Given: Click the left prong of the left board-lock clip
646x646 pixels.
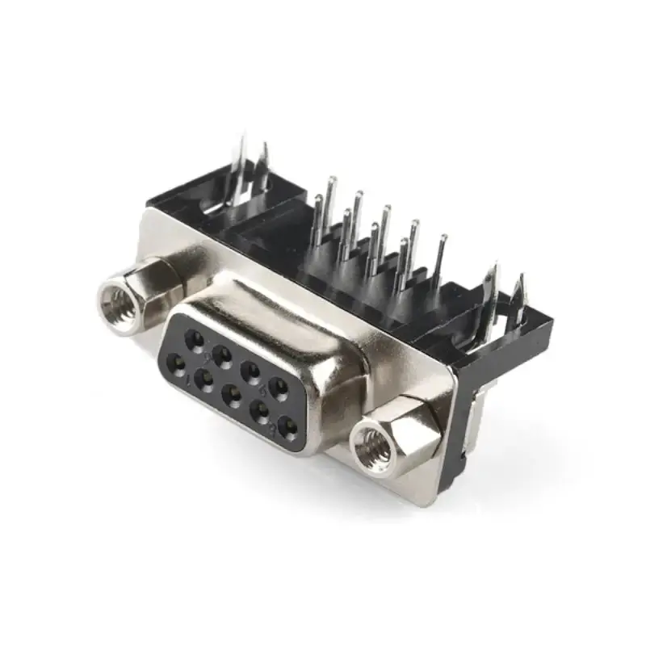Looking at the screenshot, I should [x=236, y=170].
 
